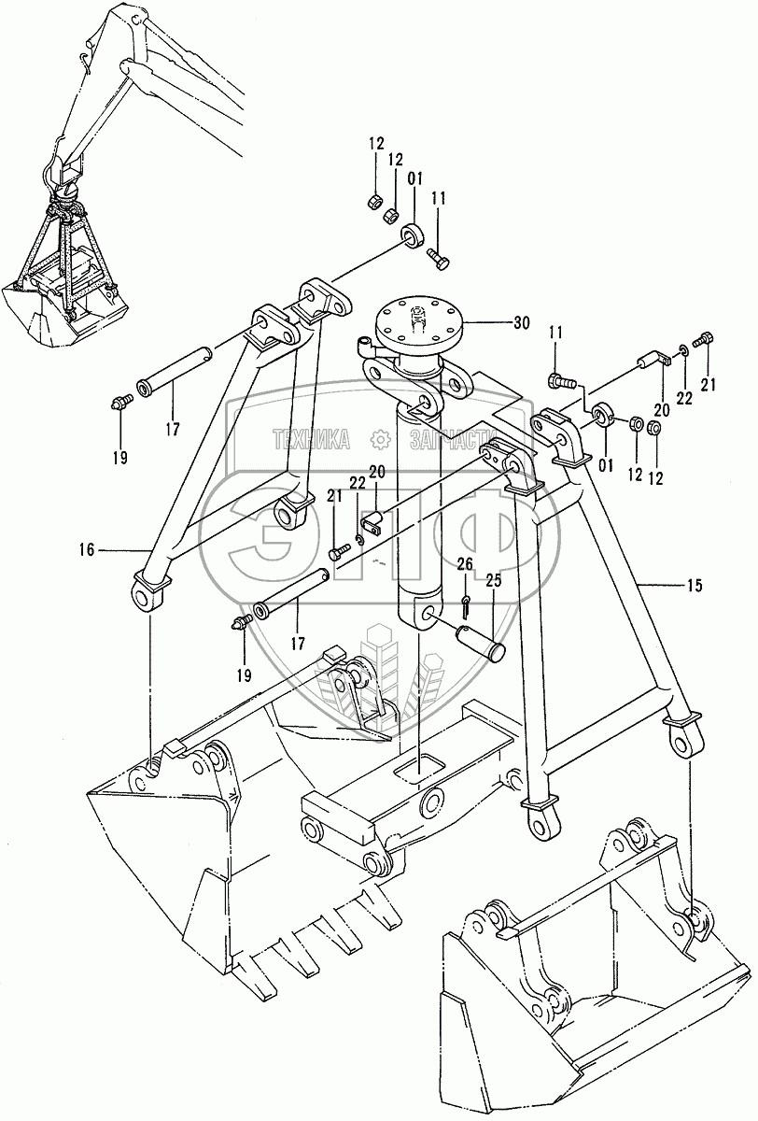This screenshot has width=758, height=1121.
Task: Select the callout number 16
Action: tap(87, 551)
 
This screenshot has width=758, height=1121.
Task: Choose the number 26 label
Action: tap(465, 564)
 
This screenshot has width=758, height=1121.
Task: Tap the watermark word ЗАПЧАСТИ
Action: tap(442, 437)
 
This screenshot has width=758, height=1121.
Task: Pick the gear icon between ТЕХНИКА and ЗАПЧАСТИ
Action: tap(379, 437)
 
